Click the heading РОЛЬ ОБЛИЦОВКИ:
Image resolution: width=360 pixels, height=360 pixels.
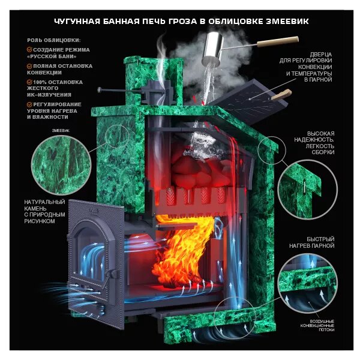click(x=54, y=40)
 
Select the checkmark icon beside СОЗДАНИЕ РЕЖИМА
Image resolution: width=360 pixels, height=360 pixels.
click(x=29, y=50)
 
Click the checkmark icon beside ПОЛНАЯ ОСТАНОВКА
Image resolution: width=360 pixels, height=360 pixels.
click(x=29, y=66)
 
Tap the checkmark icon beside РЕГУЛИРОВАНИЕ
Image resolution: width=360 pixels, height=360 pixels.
click(x=29, y=104)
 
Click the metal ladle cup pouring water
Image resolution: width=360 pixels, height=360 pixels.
click(x=212, y=49)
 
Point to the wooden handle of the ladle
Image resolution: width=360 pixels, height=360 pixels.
click(x=278, y=41)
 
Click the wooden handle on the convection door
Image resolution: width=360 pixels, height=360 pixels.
click(x=281, y=95)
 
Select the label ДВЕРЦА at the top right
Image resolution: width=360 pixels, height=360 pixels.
click(x=321, y=55)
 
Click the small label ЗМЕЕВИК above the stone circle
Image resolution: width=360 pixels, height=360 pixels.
click(x=61, y=131)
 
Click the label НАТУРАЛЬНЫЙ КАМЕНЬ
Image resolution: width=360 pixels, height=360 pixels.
click(x=44, y=205)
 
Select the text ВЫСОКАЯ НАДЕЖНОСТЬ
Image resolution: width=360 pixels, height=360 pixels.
click(x=314, y=137)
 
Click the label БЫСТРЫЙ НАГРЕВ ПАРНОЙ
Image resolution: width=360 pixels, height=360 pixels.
click(x=312, y=242)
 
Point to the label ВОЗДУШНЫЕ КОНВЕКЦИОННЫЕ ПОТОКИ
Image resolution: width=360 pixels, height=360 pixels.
click(x=317, y=326)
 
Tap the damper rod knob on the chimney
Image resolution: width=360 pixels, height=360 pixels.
click(x=100, y=89)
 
